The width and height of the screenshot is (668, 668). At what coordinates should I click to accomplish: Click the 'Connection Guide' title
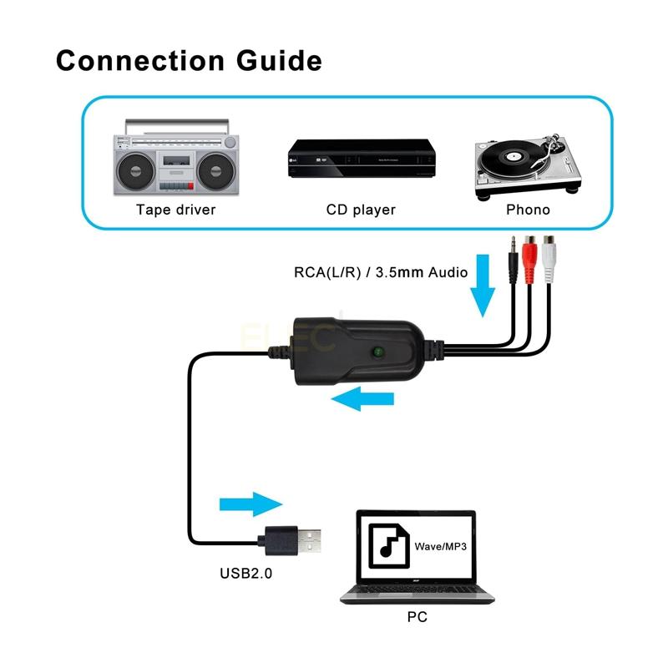(x=188, y=61)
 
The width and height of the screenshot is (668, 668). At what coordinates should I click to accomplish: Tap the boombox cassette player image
(x=175, y=158)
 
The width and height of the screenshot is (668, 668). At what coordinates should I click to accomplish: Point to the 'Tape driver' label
(x=175, y=210)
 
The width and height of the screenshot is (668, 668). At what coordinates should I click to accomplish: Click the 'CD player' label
(x=361, y=210)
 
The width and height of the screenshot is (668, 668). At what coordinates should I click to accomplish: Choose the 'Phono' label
(x=528, y=210)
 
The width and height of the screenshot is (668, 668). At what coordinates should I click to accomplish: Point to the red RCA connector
(x=529, y=254)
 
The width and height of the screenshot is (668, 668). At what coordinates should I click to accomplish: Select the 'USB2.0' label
(x=245, y=574)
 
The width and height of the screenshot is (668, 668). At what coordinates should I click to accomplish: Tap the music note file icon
(x=388, y=547)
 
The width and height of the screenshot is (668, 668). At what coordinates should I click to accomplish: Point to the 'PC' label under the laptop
(x=417, y=619)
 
